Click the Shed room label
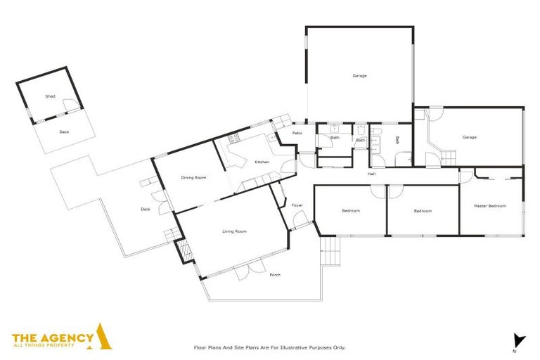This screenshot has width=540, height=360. click(50, 96)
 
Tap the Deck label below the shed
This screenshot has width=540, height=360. click(64, 131)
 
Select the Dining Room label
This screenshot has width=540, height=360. click(193, 178)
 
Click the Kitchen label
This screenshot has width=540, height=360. click(262, 162)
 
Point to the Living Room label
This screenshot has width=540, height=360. click(234, 231)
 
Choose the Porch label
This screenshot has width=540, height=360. click(275, 274)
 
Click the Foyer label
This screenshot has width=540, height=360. click(297, 205)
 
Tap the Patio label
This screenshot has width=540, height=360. click(297, 133)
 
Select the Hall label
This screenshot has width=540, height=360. click(371, 174)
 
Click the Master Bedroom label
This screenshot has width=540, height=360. click(490, 206)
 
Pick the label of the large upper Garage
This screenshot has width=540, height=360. click(359, 75)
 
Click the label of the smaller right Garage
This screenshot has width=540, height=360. click(469, 137)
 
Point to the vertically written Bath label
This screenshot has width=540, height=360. click(397, 140)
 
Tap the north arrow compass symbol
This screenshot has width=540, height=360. click(519, 341)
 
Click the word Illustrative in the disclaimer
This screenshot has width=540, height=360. click(292, 347)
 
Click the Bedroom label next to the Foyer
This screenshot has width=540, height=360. click(350, 211)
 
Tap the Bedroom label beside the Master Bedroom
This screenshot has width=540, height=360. click(422, 211)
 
